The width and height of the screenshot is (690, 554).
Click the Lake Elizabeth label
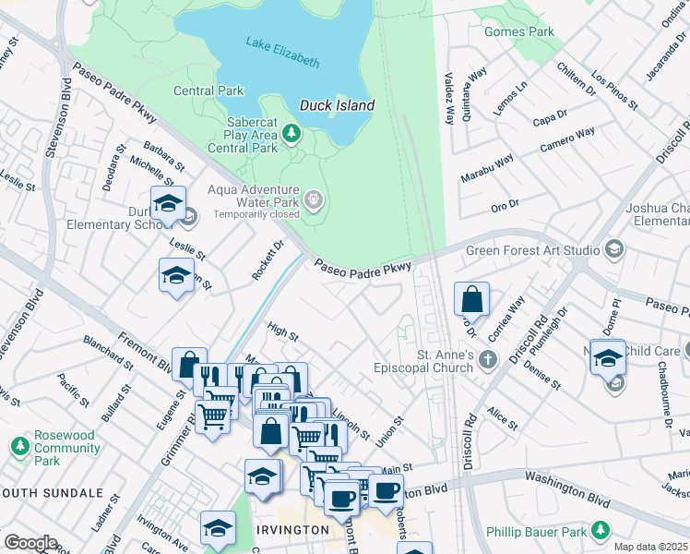(282, 52)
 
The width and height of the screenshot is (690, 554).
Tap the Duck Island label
(337, 105)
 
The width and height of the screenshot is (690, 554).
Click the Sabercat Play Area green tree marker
(291, 135)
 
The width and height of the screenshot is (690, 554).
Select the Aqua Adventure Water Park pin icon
(315, 199)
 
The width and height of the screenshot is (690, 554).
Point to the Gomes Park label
(520, 31)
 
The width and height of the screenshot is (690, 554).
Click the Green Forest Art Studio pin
(613, 249)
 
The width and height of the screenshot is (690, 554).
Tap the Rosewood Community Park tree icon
(19, 448)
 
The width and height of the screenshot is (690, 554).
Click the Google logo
(30, 543)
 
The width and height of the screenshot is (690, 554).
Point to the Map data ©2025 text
(650, 547)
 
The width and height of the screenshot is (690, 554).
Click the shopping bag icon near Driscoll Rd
(471, 300)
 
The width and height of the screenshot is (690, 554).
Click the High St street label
(283, 331)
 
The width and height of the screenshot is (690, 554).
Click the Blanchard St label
(108, 354)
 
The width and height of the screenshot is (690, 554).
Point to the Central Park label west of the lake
(209, 90)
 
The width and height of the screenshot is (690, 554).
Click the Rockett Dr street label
(266, 260)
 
